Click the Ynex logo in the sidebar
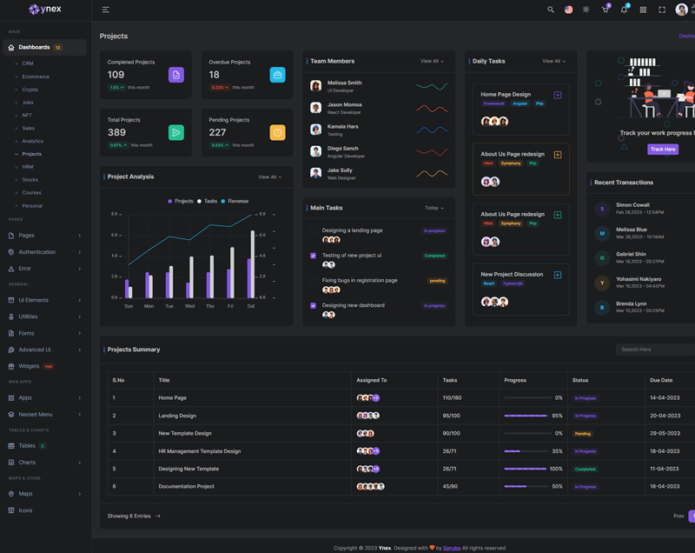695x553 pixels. pos(45,10)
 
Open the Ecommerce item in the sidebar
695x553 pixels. pos(36,77)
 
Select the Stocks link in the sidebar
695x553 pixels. pos(30,180)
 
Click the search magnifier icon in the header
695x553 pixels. pos(550,10)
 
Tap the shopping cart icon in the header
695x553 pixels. pos(605,10)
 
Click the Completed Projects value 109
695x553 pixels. pos(116,75)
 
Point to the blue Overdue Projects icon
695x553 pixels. pos(277,76)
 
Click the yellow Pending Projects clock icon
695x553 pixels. pos(277,132)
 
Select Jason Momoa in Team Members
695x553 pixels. pos(344,104)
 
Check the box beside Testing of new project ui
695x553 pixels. pos(313,256)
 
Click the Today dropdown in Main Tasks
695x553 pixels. pos(434,208)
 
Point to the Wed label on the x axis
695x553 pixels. pos(189,306)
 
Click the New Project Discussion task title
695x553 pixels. pos(512,274)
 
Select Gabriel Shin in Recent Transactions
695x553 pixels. pos(631,254)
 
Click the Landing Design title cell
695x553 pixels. pos(177,416)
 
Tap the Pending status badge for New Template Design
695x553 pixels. pos(582,433)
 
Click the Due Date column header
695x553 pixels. pos(660,380)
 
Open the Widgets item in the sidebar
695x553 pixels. pos(29,366)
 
